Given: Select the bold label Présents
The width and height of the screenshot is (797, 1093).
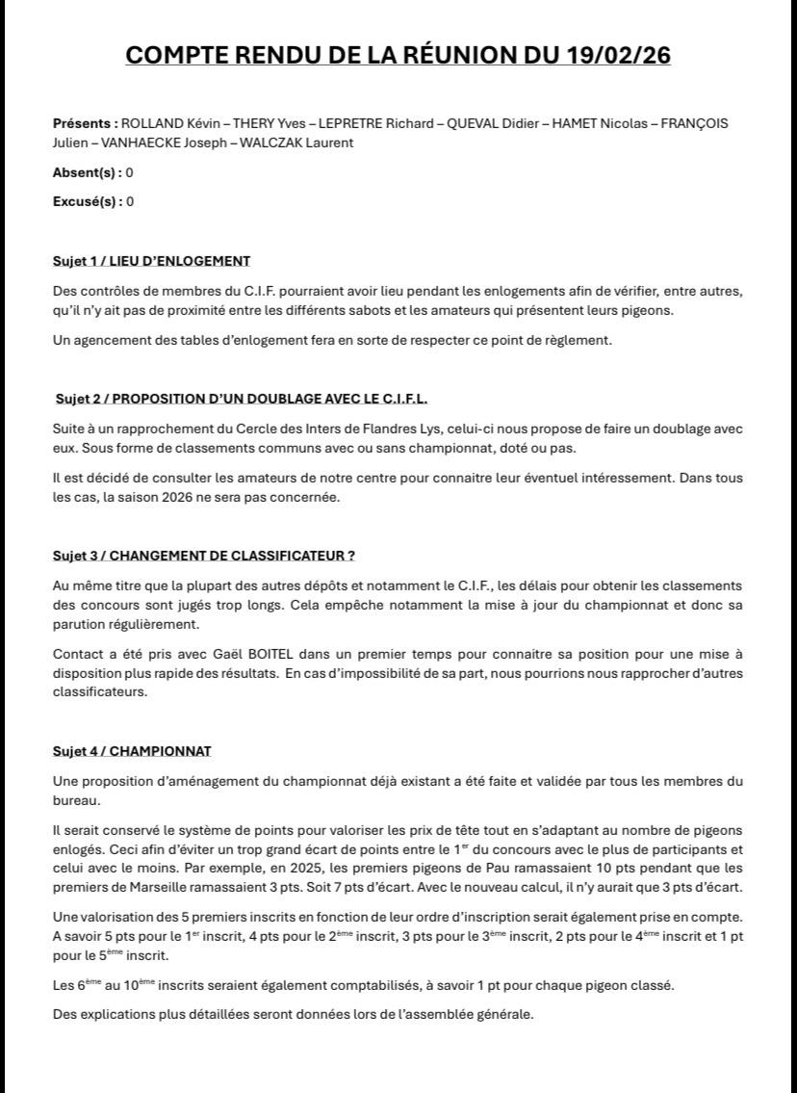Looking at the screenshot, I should [85, 123].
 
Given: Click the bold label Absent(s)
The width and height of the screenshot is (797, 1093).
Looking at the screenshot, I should [87, 172].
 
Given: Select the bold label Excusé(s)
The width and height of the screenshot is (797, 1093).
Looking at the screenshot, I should [87, 201].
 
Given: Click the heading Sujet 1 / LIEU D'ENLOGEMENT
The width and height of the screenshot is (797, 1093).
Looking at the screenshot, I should [151, 261].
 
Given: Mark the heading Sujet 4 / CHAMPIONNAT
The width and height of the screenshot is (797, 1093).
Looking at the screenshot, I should [132, 751].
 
